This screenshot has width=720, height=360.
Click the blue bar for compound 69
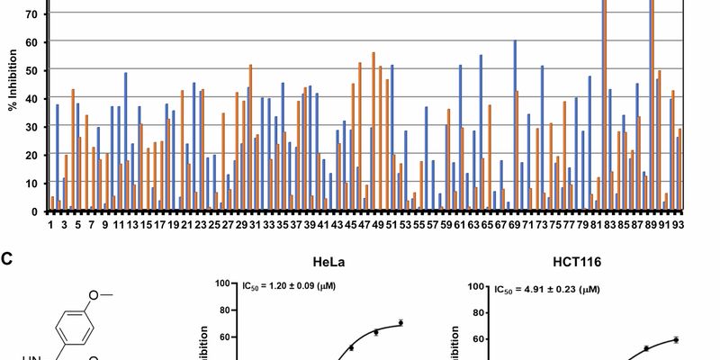tap(515, 126)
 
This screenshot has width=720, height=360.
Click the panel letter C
tap(7, 259)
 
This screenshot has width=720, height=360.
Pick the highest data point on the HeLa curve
tap(400, 323)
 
